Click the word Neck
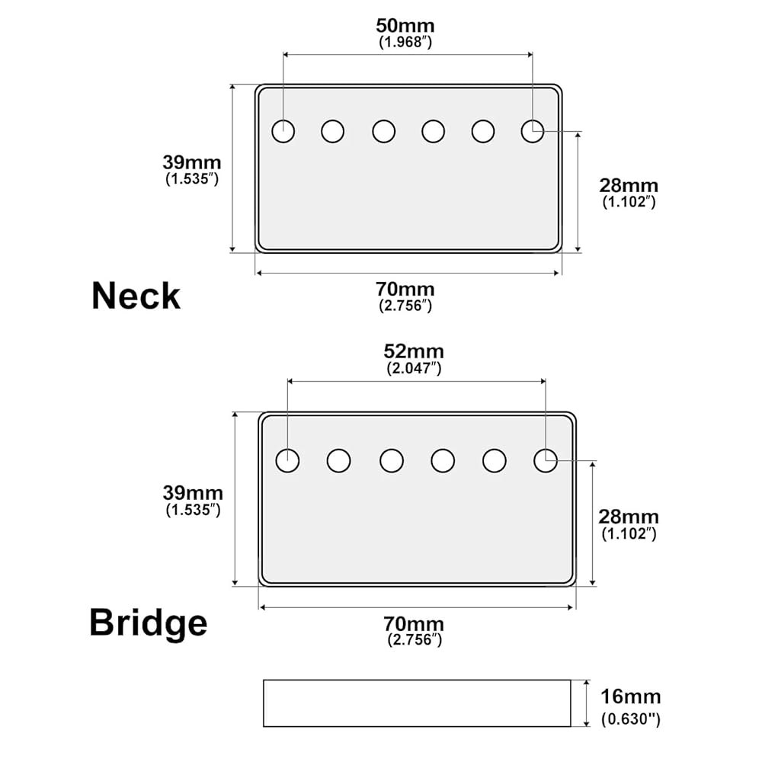tap(136, 296)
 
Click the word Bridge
tap(149, 623)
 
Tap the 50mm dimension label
tap(405, 25)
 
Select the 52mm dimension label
tap(414, 351)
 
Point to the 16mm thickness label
tap(631, 696)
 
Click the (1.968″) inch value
tap(405, 42)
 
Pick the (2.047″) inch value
tap(414, 368)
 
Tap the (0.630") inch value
tap(631, 719)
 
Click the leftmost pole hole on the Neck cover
tap(283, 131)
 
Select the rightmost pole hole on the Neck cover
tap(533, 131)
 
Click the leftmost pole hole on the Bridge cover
tap(288, 460)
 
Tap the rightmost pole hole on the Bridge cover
tap(546, 460)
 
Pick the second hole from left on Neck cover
tap(333, 131)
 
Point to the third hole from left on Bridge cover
tap(392, 460)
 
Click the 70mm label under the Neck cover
tap(405, 289)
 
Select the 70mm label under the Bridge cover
tap(414, 623)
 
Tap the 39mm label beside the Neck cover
tap(192, 162)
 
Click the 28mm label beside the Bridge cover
tap(629, 517)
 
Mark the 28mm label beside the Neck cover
tap(629, 185)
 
